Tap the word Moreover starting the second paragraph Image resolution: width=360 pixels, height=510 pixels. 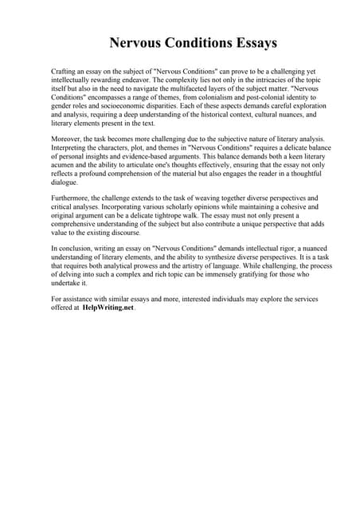(x=68, y=139)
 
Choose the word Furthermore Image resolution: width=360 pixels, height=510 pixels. (x=73, y=198)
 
